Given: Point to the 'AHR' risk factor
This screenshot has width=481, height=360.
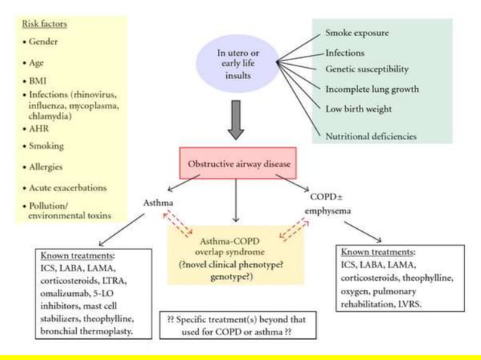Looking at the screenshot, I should (x=37, y=128).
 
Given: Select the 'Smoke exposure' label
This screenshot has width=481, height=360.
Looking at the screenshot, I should (x=359, y=34).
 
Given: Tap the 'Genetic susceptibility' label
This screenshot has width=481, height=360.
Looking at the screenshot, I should (x=366, y=69).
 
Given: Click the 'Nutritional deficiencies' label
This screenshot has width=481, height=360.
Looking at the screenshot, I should (x=370, y=136).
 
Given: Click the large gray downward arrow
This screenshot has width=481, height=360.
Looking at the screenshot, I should (x=237, y=121).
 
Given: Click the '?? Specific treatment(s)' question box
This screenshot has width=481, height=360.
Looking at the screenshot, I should (x=240, y=324).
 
